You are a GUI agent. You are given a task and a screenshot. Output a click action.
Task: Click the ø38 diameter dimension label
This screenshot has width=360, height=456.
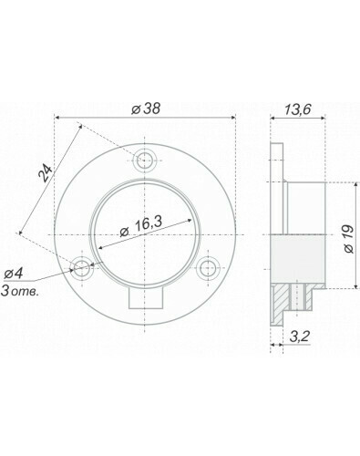coord(146,109)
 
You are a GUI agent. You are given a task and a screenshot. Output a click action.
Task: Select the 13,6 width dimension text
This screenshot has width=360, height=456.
coord(298,109)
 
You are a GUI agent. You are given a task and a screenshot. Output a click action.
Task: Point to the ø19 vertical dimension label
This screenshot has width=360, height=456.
coord(349,239)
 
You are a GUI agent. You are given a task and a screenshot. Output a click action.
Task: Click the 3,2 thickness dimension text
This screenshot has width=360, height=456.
coord(299,337)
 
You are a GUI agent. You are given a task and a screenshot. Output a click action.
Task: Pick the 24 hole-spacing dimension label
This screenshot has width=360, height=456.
coord(46,173)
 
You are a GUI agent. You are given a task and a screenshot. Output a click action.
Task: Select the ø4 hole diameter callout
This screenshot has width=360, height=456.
coord(14,274)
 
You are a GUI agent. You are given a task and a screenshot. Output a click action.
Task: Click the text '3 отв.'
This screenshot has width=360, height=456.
coord(20,292)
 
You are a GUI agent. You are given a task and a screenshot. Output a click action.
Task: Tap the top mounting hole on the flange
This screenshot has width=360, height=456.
coord(145,161)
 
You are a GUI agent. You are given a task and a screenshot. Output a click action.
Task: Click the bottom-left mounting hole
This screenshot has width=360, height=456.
coord(82,267)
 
